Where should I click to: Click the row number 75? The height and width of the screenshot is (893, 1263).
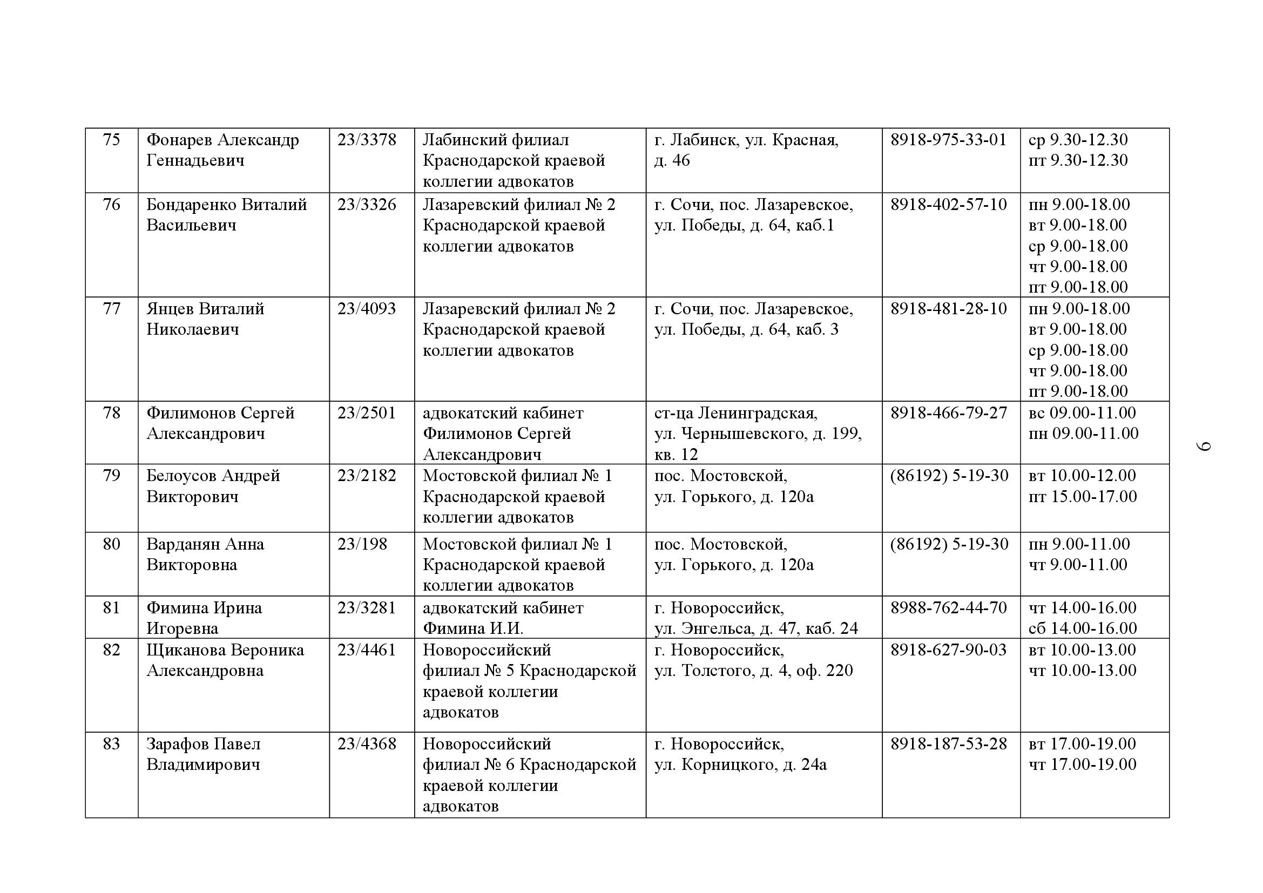111,140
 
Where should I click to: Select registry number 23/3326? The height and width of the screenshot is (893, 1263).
366,205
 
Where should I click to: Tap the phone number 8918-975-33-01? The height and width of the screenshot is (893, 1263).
948,140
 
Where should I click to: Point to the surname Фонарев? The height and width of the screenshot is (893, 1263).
179,140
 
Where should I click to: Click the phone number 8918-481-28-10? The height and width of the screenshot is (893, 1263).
948,308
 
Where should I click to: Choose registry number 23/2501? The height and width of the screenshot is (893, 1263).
366,413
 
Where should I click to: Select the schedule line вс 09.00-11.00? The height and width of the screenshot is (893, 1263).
1082,413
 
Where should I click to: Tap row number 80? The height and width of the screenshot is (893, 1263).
111,544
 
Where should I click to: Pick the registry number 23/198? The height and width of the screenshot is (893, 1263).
362,544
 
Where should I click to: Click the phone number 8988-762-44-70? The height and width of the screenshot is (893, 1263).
948,607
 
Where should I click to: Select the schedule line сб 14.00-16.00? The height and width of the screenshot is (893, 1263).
1082,628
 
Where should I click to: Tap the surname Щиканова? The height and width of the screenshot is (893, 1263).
185,650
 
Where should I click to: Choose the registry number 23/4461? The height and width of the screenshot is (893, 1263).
366,650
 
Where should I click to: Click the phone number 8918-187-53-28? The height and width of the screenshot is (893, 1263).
948,744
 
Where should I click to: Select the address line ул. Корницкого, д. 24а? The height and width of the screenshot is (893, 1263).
740,765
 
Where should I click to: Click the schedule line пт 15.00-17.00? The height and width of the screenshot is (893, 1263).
1082,497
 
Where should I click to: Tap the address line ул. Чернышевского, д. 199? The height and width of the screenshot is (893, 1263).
758,434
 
